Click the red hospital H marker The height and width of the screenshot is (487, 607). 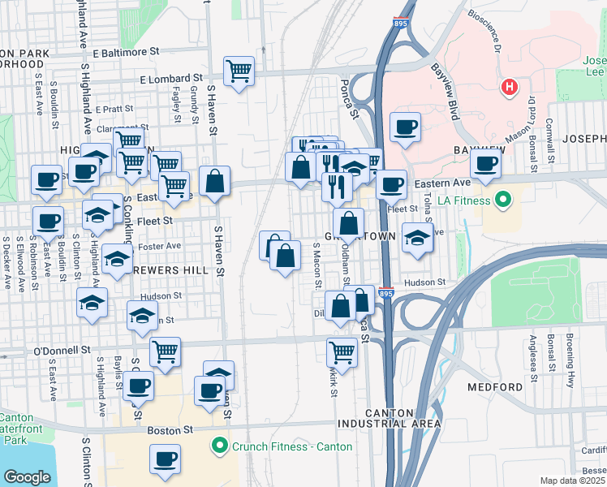[x=509, y=87]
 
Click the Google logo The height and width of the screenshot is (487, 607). [x=27, y=477]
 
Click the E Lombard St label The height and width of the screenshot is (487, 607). [x=170, y=80]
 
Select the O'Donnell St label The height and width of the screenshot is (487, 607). [x=62, y=350]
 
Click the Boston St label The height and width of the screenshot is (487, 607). [x=170, y=429]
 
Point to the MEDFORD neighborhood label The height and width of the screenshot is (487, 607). [x=495, y=386]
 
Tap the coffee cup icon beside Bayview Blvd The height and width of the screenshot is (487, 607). [x=404, y=127]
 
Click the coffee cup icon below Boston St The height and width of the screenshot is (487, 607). [x=165, y=459]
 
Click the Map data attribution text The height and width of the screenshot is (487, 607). [x=573, y=481]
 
